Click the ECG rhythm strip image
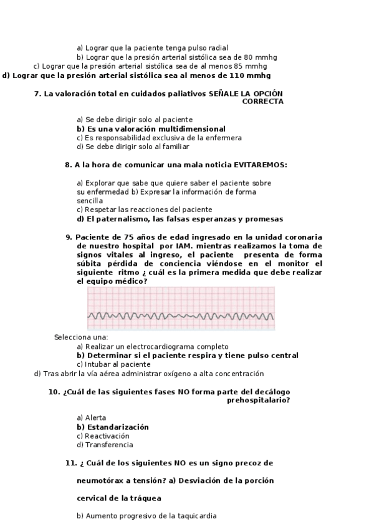click(x=181, y=308)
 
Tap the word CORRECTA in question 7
click(x=262, y=102)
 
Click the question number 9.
click(x=69, y=237)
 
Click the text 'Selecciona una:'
click(x=81, y=337)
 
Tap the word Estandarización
click(x=118, y=427)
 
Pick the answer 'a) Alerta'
click(x=91, y=417)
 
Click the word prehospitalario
click(x=259, y=400)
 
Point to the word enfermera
click(x=224, y=137)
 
